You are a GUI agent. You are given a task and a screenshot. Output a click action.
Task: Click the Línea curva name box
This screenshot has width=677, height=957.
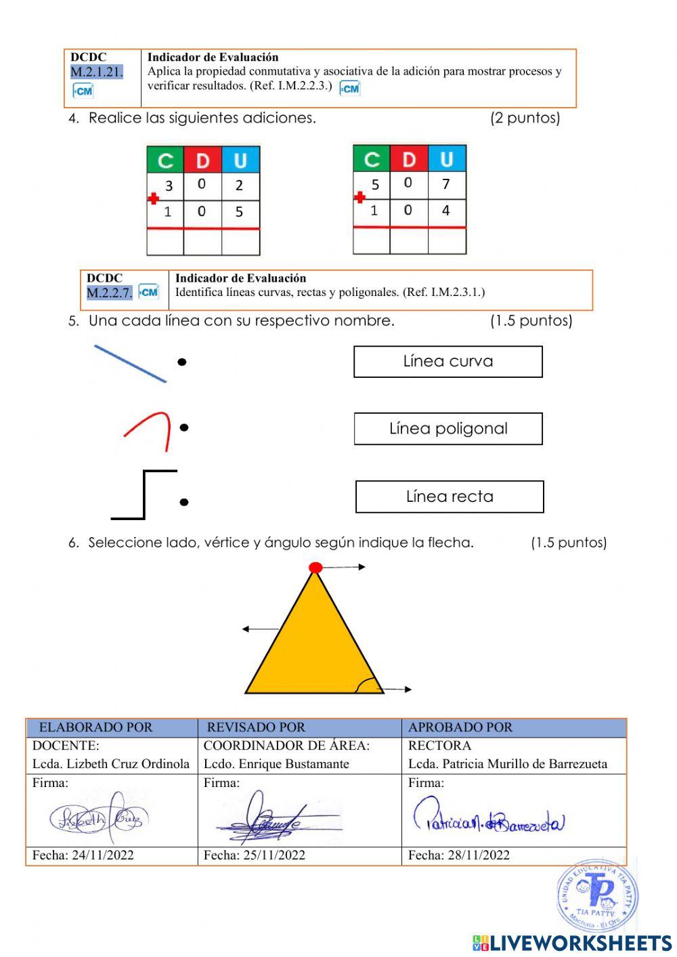(x=447, y=362)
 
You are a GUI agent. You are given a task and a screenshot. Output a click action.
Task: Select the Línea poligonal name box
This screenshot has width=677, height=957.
(x=447, y=429)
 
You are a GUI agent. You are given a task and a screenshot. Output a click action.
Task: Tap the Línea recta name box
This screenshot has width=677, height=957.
(x=450, y=496)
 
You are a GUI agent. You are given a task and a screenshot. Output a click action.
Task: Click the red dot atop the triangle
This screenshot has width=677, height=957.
(x=315, y=568)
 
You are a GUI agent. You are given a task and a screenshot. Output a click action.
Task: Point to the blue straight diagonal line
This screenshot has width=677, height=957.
(x=130, y=364)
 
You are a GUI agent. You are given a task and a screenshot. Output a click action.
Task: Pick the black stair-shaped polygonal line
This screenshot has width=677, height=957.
(x=144, y=494)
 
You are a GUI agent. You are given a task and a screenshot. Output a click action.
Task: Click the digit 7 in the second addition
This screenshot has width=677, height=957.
(x=445, y=184)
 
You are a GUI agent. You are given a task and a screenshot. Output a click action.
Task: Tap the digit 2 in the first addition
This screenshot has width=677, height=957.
(x=239, y=186)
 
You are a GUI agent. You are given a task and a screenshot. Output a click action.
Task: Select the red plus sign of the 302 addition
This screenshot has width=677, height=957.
(x=154, y=198)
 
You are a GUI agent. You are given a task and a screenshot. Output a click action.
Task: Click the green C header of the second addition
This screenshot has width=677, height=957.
(x=371, y=160)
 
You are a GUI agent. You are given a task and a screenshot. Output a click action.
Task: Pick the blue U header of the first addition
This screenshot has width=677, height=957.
(x=240, y=161)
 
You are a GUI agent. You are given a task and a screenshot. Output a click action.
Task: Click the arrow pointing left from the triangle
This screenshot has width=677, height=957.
(x=259, y=629)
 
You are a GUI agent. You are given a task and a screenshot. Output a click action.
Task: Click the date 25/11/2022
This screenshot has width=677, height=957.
(x=254, y=855)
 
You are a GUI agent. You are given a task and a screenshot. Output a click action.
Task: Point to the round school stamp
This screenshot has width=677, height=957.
(x=597, y=895)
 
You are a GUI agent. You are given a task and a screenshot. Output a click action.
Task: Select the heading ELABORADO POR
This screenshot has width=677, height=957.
(x=95, y=727)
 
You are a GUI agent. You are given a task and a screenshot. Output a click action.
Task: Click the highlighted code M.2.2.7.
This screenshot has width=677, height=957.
(x=109, y=293)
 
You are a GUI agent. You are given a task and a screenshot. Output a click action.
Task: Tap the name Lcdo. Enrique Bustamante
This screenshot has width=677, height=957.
(x=276, y=764)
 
